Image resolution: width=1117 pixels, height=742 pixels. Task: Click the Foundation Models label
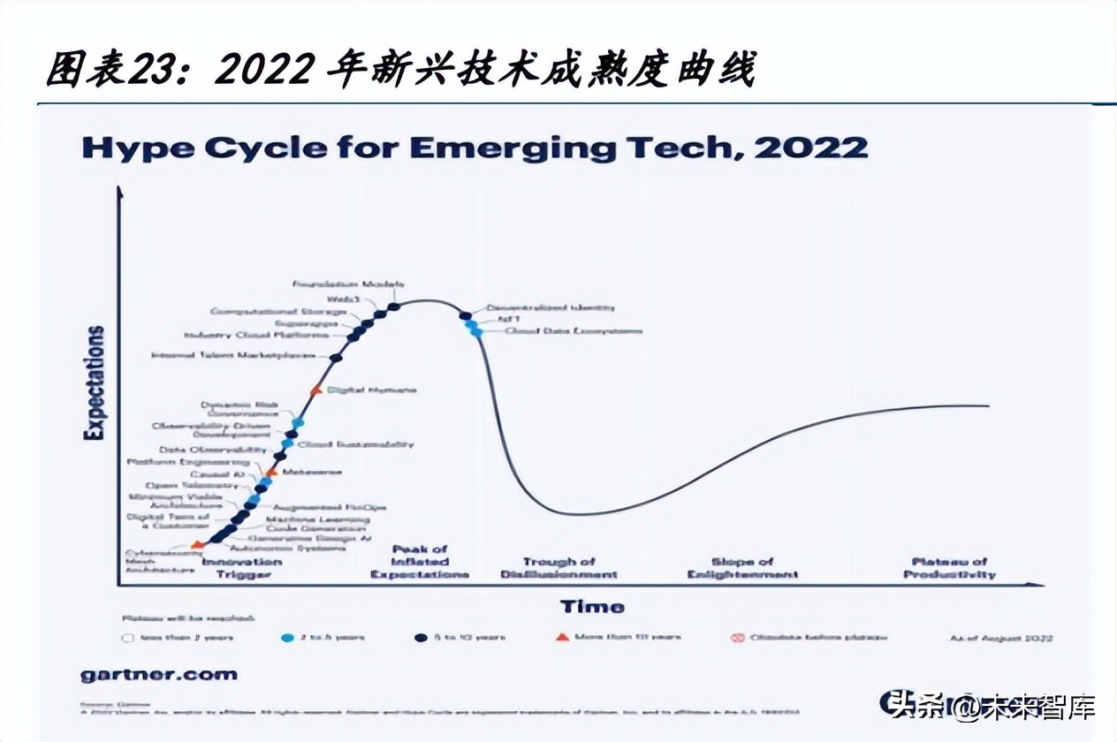point(349,284)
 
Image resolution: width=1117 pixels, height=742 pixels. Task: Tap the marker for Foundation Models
point(394,307)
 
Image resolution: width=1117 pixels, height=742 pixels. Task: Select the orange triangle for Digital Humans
point(316,390)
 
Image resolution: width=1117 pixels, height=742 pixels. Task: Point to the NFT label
point(508,320)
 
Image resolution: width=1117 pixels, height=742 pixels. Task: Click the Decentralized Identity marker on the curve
point(465,315)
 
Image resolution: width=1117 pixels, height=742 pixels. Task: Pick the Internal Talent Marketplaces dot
point(336,358)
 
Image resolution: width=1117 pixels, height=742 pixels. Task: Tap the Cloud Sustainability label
point(356,444)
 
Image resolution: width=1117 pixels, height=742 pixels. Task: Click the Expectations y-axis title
point(95,382)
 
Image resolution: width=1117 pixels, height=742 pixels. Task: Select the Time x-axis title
point(592,607)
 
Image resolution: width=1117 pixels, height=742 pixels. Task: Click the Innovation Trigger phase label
point(242,568)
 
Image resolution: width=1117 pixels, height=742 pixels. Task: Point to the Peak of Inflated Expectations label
point(420,562)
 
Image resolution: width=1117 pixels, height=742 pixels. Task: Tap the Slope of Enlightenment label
point(742,568)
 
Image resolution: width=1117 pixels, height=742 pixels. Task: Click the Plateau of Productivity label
point(949,568)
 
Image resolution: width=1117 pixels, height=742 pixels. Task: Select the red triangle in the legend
point(562,637)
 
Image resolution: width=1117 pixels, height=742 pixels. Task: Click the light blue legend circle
point(287,638)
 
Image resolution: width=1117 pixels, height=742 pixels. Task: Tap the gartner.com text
point(159,674)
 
